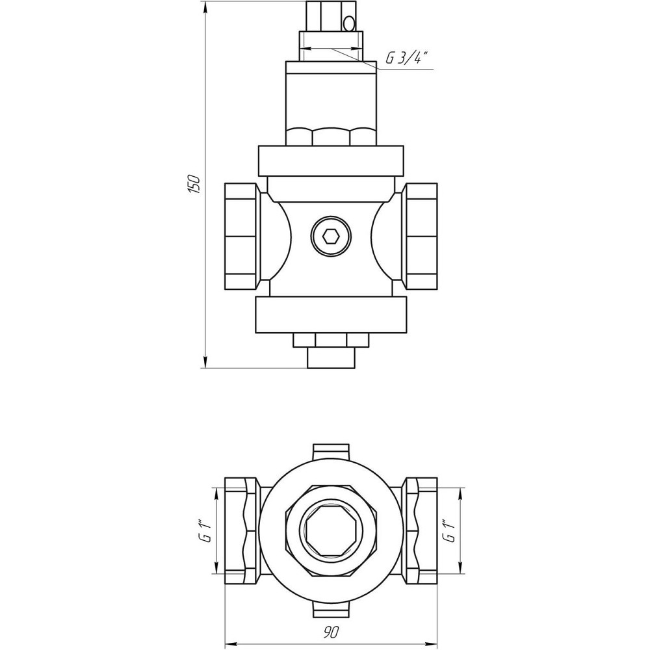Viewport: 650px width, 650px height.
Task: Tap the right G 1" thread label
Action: pyautogui.click(x=447, y=530)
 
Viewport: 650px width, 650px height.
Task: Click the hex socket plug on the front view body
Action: pyautogui.click(x=330, y=236)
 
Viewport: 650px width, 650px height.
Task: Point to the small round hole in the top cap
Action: pyautogui.click(x=350, y=24)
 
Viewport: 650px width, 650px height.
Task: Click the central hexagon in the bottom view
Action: pyautogui.click(x=331, y=530)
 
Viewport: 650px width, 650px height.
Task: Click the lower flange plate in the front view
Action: pyautogui.click(x=331, y=315)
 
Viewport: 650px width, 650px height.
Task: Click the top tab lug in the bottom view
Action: pyautogui.click(x=331, y=451)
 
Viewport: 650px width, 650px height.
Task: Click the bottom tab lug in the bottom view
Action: pyautogui.click(x=331, y=610)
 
